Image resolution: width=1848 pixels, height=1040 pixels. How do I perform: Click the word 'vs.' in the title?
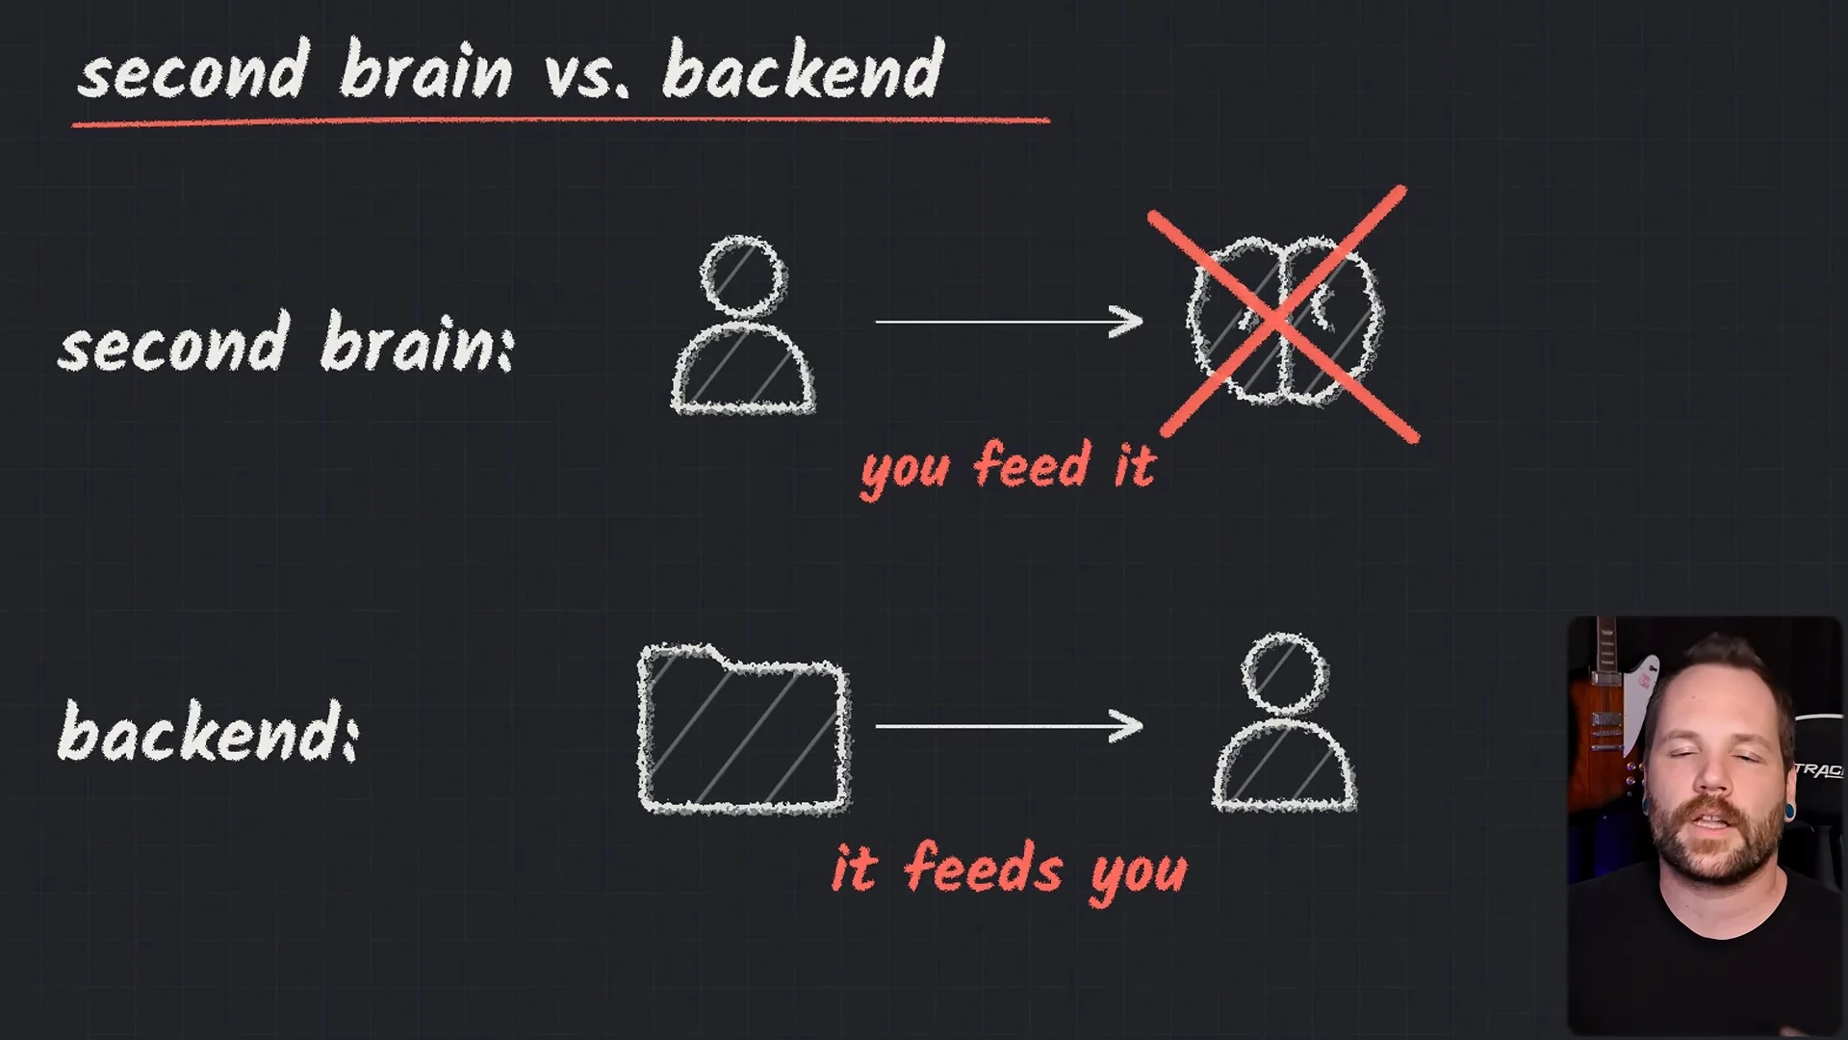click(588, 72)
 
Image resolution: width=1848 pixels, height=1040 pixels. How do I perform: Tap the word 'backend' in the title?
click(804, 69)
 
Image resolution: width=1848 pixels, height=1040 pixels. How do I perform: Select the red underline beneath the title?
click(560, 121)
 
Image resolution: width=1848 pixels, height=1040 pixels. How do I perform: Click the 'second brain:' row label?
click(287, 343)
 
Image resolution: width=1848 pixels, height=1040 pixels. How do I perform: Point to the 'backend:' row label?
click(209, 731)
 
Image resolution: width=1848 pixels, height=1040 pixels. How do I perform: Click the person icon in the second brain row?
click(743, 325)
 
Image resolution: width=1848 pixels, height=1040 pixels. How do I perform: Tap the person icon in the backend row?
click(1284, 722)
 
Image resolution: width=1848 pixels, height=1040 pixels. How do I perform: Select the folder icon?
click(744, 729)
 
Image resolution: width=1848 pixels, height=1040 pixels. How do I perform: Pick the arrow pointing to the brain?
click(1009, 322)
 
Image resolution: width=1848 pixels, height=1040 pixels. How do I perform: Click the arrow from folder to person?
click(1009, 726)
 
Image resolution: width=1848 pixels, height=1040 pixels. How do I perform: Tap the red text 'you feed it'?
click(1008, 469)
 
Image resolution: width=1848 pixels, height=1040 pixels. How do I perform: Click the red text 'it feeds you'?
click(1010, 871)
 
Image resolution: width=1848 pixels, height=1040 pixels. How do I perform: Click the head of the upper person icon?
click(743, 275)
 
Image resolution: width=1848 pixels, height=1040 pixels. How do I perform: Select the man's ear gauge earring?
click(1789, 812)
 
